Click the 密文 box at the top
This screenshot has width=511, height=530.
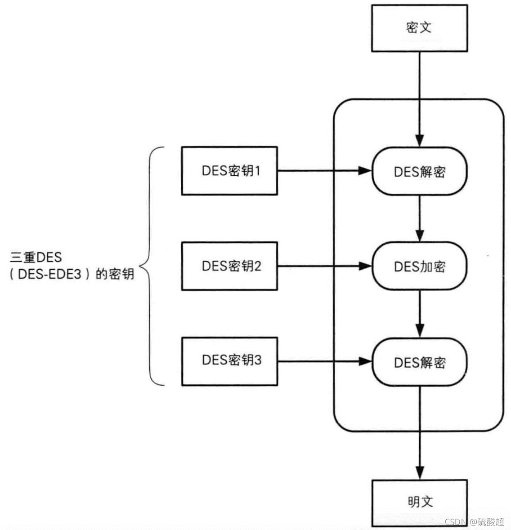[x=419, y=27]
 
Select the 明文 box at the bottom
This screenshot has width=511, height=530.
[x=419, y=502]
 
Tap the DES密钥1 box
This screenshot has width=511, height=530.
[x=229, y=171]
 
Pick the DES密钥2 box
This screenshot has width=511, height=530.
[x=229, y=266]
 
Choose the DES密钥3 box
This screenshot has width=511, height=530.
[x=229, y=361]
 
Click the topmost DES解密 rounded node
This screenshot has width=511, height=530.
[x=419, y=171]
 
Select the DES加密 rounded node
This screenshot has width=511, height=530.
[x=419, y=266]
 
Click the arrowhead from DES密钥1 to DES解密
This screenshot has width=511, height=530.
[x=365, y=171]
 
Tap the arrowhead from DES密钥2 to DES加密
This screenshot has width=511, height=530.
[x=365, y=266]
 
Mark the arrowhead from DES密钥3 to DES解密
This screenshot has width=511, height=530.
[x=365, y=361]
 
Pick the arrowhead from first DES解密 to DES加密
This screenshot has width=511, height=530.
[x=419, y=236]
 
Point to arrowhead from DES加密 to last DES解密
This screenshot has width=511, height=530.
[x=419, y=331]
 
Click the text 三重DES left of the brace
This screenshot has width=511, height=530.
[x=36, y=258]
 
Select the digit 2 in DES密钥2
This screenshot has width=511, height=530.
[x=257, y=266]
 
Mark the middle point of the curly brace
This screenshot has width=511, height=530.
[x=141, y=266]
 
